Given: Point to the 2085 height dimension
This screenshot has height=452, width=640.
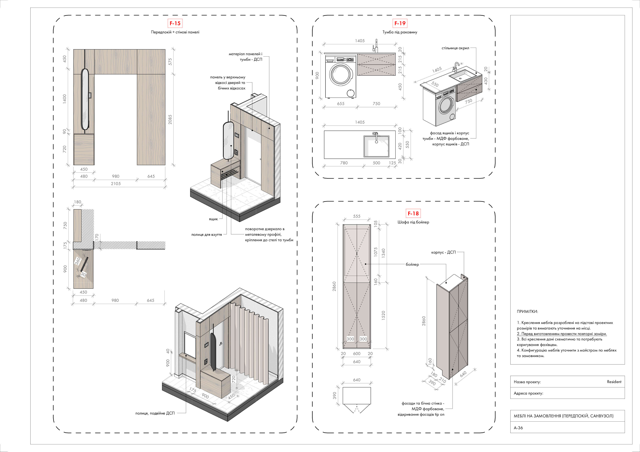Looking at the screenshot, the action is click(x=170, y=119).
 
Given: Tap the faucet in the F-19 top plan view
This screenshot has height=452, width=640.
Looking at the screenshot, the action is click(x=376, y=137).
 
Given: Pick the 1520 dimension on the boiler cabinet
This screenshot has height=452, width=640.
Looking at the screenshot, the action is click(x=383, y=315).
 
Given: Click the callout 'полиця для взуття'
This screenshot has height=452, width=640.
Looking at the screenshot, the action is click(x=207, y=235).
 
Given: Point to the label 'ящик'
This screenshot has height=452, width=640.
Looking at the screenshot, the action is click(x=213, y=219).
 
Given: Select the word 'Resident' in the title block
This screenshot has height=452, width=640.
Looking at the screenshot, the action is click(x=614, y=382).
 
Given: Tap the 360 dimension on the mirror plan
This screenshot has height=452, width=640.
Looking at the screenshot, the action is click(x=78, y=261).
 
